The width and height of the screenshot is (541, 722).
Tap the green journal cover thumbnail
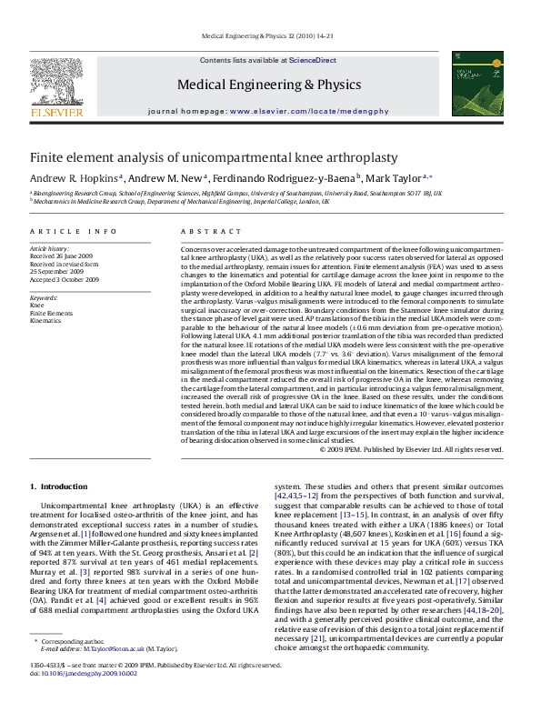(x=472, y=84)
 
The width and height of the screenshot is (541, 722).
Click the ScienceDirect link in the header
(x=312, y=60)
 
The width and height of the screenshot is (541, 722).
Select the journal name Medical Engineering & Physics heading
(x=268, y=84)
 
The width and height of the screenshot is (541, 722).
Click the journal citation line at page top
(x=267, y=36)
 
